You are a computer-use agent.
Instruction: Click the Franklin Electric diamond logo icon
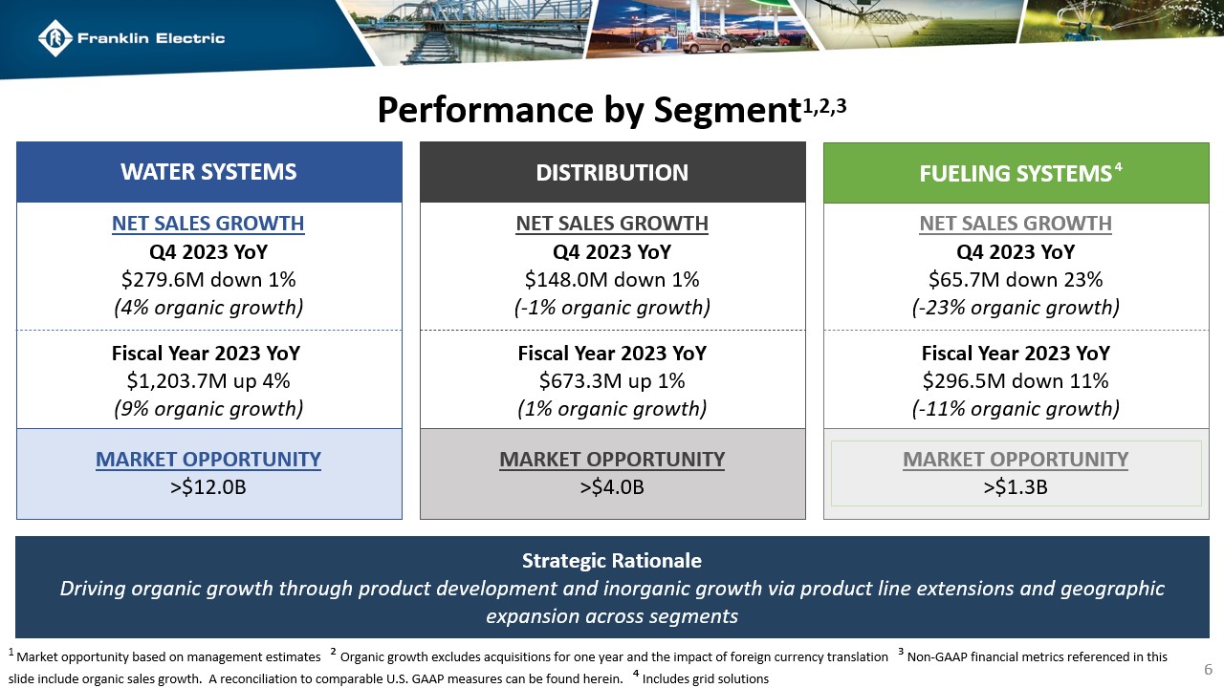tap(55, 38)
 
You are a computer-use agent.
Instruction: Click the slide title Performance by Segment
tap(587, 111)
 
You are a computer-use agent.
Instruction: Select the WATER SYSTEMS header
tap(208, 172)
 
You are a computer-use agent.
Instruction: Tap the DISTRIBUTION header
tap(612, 172)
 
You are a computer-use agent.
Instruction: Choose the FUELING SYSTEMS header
tap(1015, 173)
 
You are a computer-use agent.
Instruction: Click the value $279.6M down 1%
tap(208, 280)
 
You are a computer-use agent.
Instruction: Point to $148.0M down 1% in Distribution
tap(612, 280)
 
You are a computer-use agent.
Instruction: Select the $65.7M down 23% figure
tap(1016, 280)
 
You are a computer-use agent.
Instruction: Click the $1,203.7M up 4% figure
tap(208, 381)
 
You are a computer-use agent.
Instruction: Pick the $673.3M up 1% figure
tap(612, 381)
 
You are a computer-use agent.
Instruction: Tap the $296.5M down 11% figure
tap(1016, 381)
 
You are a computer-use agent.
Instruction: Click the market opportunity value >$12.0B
tap(208, 487)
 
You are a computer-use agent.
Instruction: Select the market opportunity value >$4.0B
tap(612, 487)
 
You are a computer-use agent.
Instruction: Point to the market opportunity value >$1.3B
tap(1016, 487)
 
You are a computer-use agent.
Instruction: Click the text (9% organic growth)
tap(208, 409)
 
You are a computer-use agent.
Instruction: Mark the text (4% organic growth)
tap(208, 308)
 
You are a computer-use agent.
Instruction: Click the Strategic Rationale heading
tap(612, 560)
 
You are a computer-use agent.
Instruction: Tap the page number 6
tap(1208, 668)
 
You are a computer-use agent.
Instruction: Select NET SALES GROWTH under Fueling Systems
tap(1016, 224)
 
